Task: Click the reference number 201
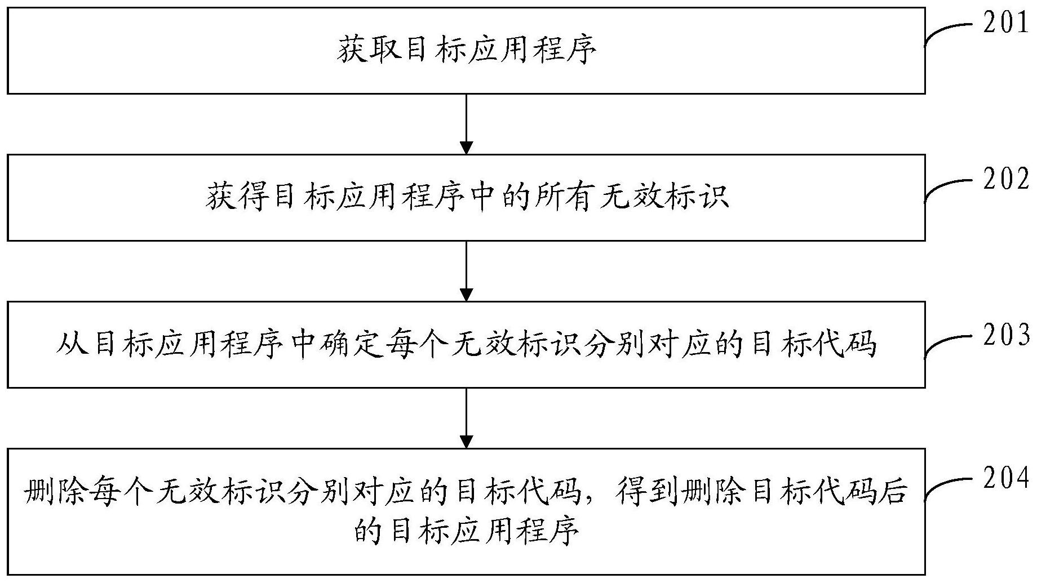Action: [x=1005, y=24]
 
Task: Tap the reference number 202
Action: [x=1005, y=180]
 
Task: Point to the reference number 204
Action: [x=1005, y=478]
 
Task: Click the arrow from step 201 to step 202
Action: [x=466, y=124]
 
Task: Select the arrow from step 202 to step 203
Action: [x=466, y=271]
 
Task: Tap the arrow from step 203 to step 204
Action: [x=466, y=418]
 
